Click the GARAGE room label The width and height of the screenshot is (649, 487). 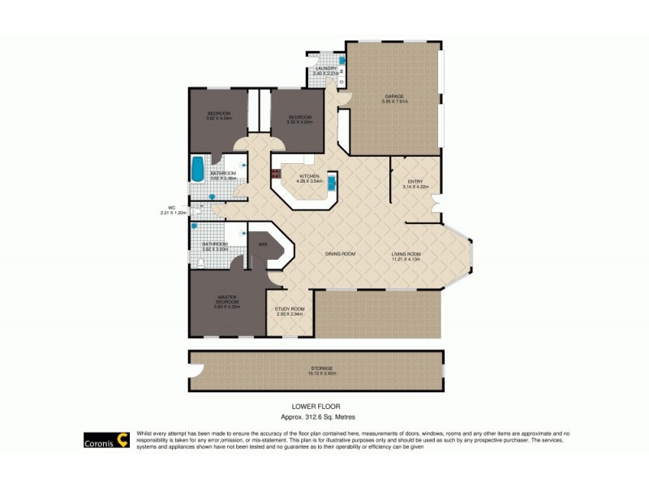tap(395, 97)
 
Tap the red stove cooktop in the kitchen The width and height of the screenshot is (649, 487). tap(275, 173)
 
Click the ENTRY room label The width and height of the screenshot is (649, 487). tap(415, 182)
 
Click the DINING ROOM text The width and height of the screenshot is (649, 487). tap(340, 254)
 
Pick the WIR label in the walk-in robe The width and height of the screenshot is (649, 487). tap(263, 243)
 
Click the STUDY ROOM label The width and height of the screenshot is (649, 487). tap(290, 308)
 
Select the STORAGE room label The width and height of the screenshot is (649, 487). tap(320, 368)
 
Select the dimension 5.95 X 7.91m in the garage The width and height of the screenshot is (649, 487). tap(395, 101)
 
